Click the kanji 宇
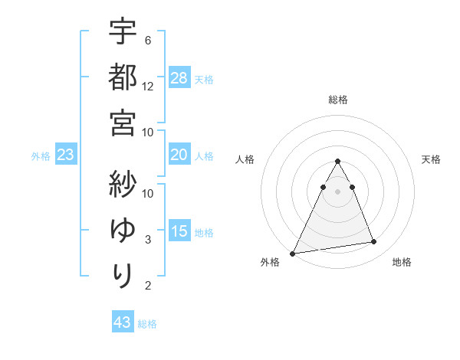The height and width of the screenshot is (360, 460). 123,32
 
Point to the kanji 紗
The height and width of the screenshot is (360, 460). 123,185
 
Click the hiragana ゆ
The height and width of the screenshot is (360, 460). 123,229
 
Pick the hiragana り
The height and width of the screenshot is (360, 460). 123,273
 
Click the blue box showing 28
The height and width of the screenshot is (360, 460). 179,77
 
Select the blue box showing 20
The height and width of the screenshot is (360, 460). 179,155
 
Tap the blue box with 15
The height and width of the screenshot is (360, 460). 179,231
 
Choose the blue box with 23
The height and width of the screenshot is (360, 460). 66,155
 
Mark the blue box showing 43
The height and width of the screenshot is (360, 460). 123,322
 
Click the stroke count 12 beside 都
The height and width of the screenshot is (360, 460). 148,87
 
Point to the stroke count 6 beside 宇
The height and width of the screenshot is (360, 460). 147,40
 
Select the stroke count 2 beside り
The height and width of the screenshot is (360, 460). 147,286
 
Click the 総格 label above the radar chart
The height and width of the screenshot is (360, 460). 337,100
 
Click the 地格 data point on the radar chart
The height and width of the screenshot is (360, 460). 374,242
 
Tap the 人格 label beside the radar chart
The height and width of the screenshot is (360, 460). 245,159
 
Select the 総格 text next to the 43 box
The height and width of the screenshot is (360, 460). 147,324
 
